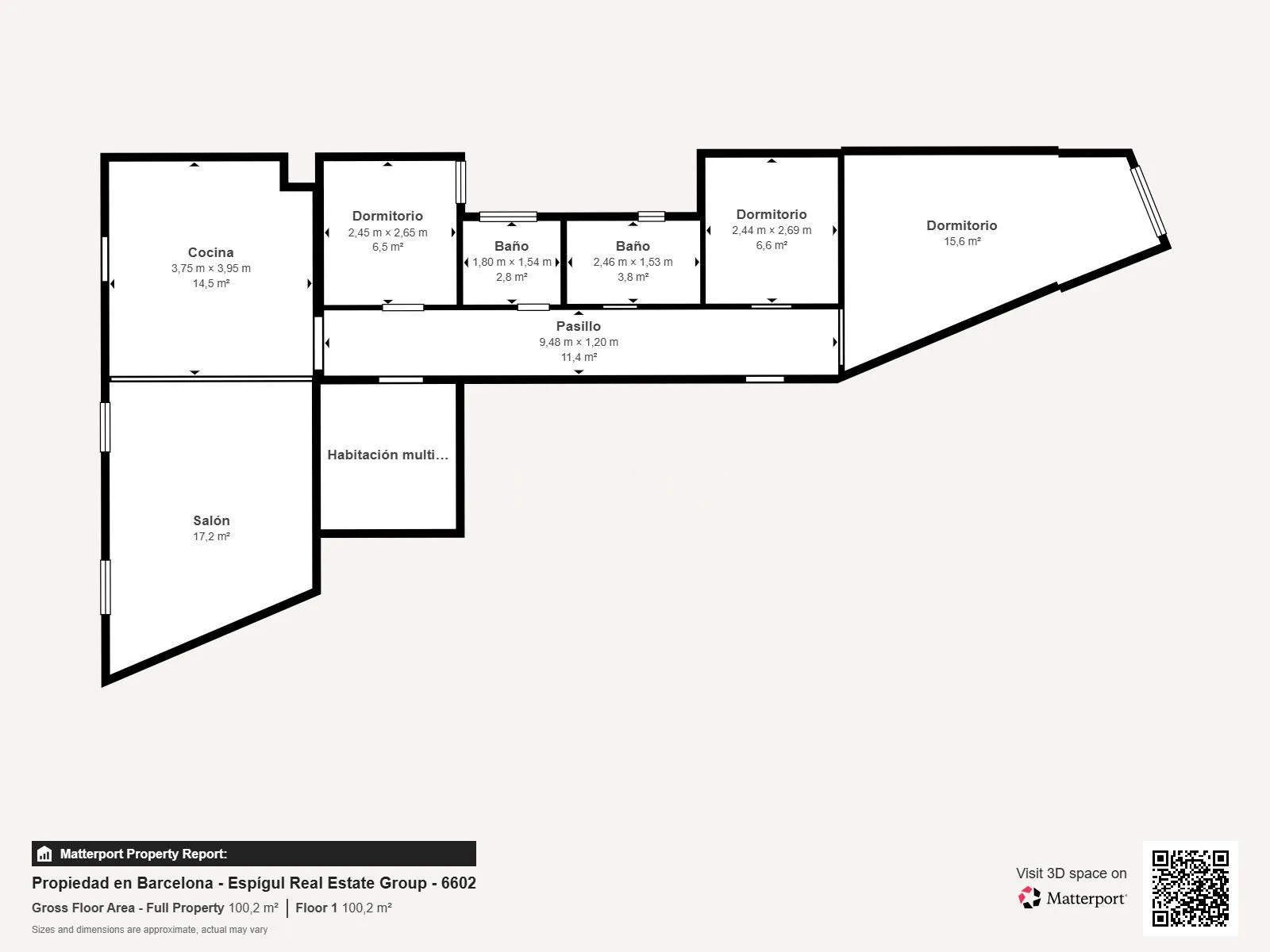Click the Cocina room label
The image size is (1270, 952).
click(210, 252)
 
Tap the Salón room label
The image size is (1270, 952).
click(211, 520)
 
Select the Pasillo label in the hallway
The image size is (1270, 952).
click(578, 326)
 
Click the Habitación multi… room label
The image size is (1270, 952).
click(387, 455)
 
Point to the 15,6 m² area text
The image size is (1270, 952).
click(962, 242)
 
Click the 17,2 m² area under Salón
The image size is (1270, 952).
click(211, 536)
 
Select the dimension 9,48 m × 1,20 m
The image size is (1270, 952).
click(579, 342)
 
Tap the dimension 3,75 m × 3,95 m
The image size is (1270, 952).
click(210, 268)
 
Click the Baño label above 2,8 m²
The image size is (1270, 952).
click(511, 246)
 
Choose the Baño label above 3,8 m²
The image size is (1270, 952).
click(633, 246)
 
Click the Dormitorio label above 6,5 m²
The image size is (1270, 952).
click(387, 216)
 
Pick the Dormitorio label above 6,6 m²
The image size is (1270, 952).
click(772, 214)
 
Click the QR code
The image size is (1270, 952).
click(1190, 888)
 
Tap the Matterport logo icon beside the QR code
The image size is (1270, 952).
click(1029, 898)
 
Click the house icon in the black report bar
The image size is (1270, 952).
click(44, 854)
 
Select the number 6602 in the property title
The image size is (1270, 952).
click(458, 883)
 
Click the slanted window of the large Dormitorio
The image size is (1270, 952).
click(1149, 202)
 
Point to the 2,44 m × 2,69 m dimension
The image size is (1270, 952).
click(772, 230)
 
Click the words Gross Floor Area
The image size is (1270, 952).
click(83, 908)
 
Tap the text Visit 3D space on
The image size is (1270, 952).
click(1071, 873)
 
